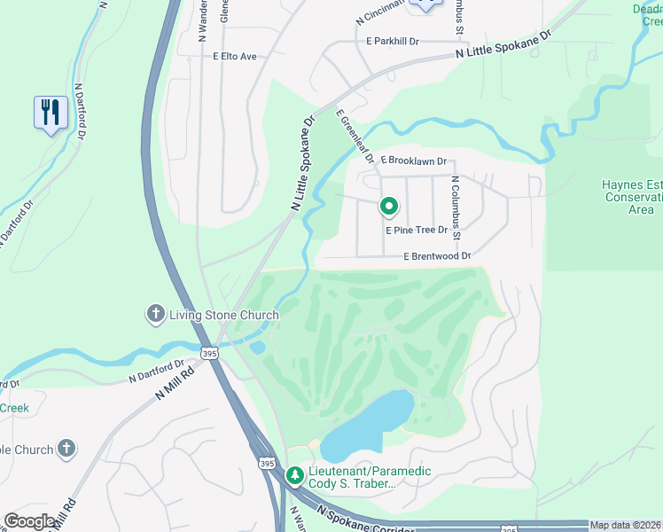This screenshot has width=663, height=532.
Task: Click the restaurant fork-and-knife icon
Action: (x=51, y=113)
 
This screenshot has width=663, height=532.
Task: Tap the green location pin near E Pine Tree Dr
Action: (x=388, y=207)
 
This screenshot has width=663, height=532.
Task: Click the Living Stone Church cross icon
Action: (x=155, y=314)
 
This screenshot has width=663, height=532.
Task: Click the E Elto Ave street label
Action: (x=234, y=57)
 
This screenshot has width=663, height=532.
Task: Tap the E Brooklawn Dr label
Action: (x=413, y=161)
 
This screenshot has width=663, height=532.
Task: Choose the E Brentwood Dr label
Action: (x=436, y=256)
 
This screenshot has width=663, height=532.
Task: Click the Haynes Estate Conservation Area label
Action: (x=628, y=197)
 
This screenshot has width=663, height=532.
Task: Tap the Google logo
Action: (x=29, y=521)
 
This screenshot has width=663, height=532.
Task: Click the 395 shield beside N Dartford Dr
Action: (x=209, y=353)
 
